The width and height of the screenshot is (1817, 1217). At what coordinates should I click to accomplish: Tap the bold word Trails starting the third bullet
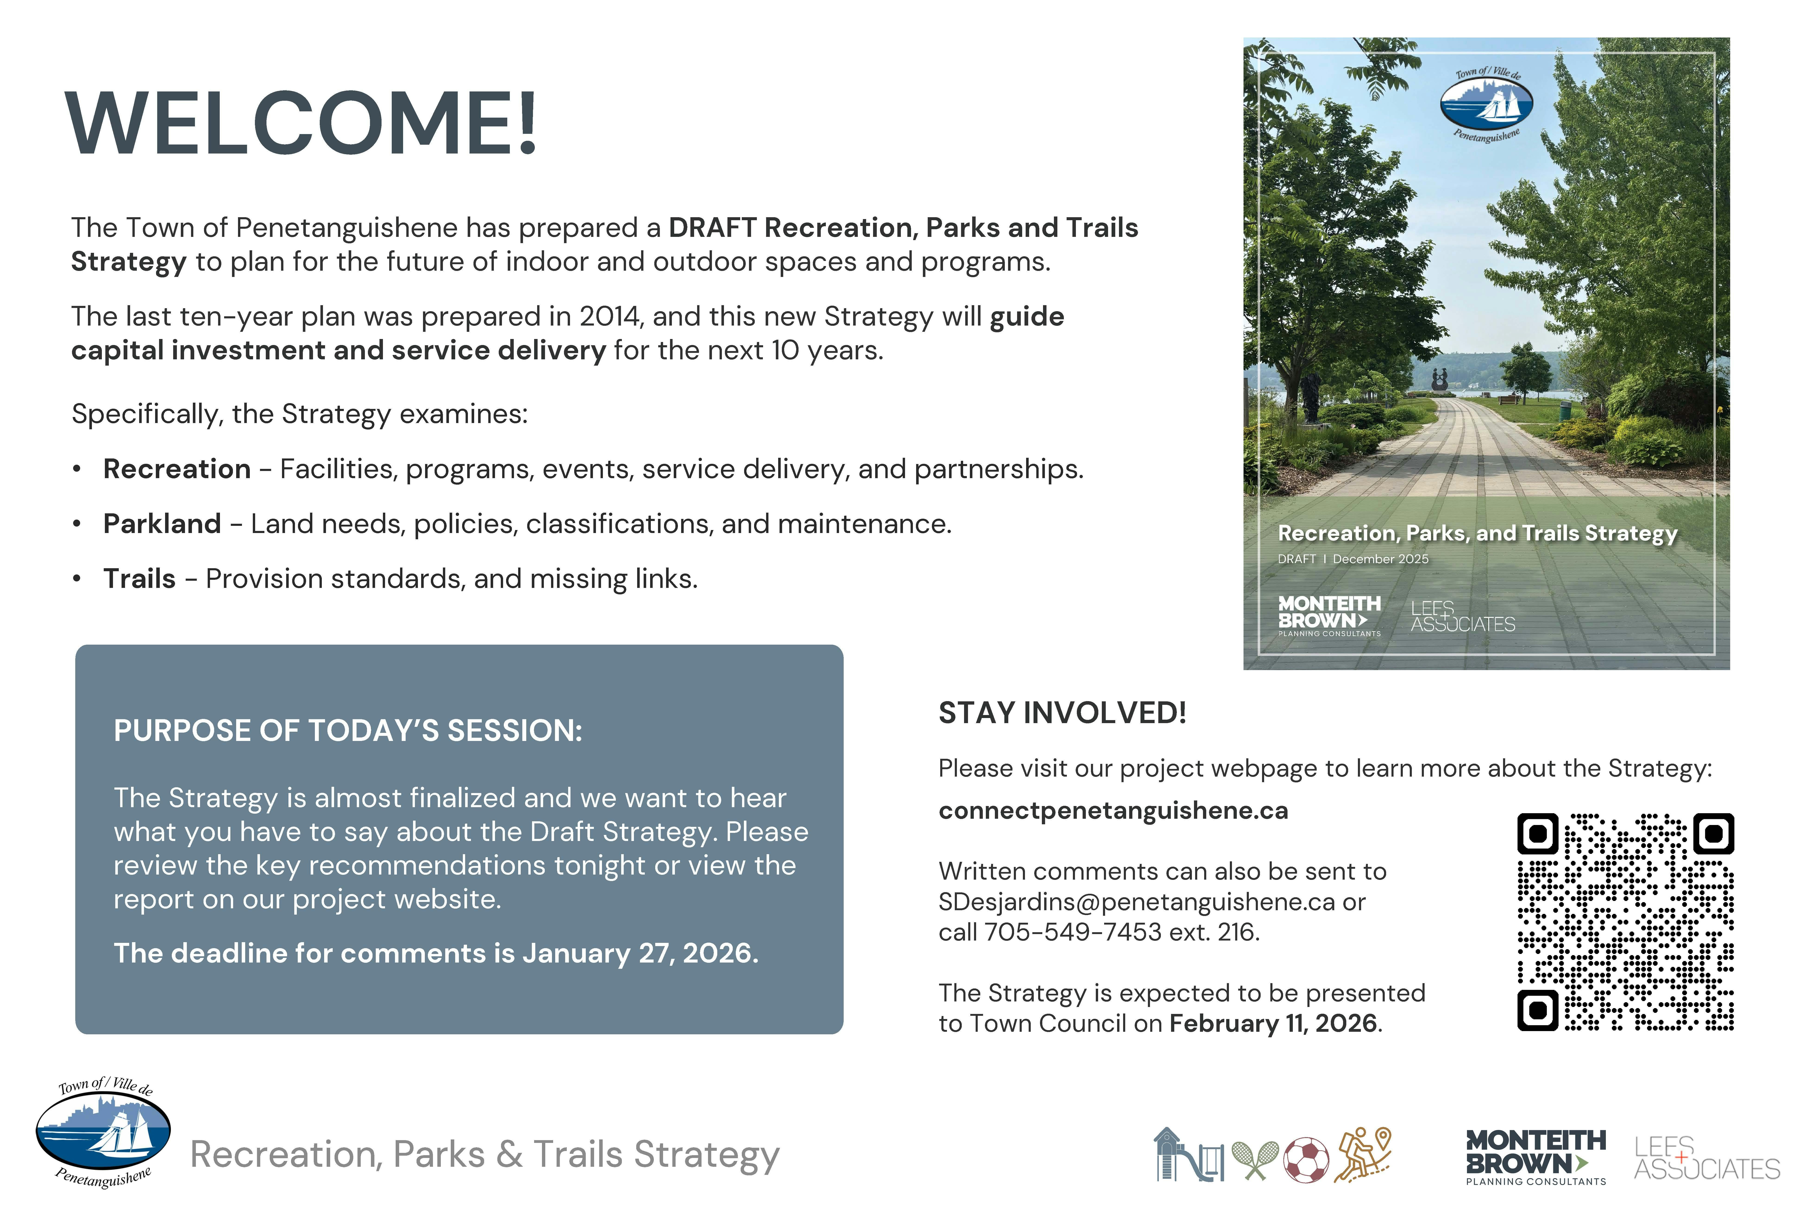140,579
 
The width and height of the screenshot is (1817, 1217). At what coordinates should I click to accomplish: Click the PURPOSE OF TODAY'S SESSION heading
348,731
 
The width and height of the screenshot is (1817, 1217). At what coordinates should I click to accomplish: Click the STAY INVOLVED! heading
1062,712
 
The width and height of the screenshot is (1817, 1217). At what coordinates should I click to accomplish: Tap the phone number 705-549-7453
1073,932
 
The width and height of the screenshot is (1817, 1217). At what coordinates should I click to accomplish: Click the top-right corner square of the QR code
1713,834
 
